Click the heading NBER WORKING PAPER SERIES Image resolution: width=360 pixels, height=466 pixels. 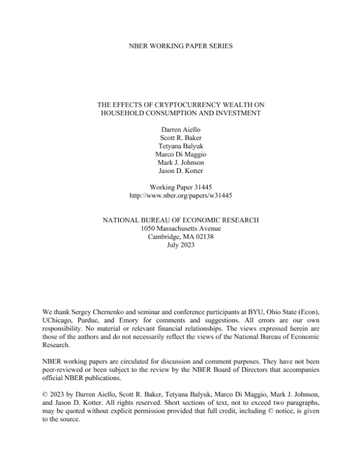(x=179, y=46)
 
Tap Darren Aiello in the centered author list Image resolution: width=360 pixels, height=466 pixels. (x=181, y=129)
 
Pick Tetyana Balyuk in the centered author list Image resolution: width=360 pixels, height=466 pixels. (x=181, y=146)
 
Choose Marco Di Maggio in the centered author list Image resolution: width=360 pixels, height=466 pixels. (x=181, y=154)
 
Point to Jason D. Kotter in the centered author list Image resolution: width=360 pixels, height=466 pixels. (x=181, y=171)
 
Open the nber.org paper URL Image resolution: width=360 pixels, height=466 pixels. (x=181, y=196)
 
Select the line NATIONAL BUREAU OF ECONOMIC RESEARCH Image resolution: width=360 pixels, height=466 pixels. (x=181, y=220)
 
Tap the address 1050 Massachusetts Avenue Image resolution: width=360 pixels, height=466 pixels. (x=181, y=229)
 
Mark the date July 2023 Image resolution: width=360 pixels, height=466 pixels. (x=181, y=246)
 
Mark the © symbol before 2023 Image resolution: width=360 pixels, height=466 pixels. (x=46, y=396)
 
